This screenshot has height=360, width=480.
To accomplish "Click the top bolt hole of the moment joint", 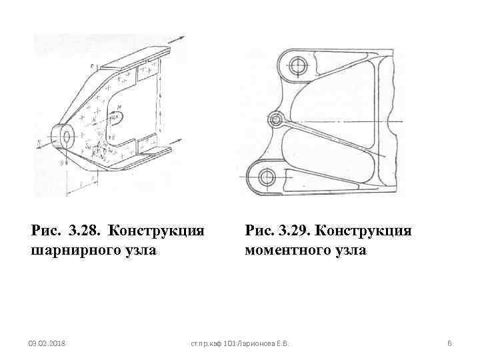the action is click(x=297, y=65).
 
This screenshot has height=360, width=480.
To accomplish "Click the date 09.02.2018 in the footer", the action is click(x=47, y=343).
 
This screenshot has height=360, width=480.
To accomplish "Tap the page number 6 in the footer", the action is click(x=449, y=343).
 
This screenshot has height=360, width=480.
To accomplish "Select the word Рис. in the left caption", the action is click(x=46, y=231).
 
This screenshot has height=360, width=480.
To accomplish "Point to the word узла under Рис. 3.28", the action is click(x=140, y=251).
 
